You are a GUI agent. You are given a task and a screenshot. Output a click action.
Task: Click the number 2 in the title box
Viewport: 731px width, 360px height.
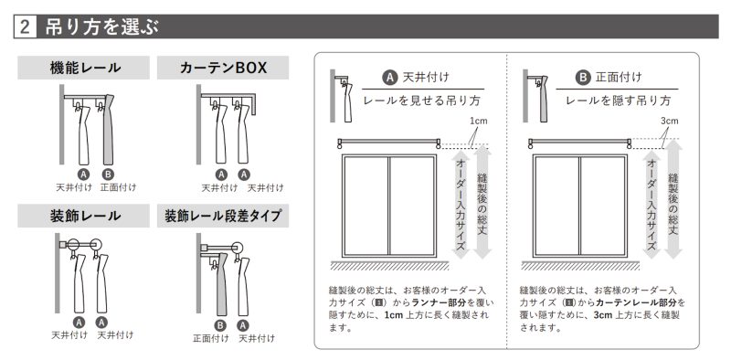26,26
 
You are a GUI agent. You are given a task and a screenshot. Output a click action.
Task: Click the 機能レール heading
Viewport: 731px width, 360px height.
85,69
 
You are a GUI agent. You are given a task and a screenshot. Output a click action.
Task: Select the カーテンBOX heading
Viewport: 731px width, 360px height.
223,69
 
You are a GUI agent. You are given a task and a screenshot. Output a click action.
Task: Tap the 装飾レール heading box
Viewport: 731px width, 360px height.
84,216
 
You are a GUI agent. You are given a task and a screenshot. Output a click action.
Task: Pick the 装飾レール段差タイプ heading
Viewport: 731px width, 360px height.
223,216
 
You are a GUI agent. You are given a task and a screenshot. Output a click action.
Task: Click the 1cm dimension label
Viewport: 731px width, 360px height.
478,121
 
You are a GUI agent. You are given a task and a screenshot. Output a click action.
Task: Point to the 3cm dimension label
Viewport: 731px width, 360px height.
670,121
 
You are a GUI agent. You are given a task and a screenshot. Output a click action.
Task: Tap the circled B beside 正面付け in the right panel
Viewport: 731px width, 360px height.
582,78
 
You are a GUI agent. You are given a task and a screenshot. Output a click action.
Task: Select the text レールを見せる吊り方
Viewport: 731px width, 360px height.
421,101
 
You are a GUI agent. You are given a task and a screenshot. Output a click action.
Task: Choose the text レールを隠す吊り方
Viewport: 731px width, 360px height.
619,101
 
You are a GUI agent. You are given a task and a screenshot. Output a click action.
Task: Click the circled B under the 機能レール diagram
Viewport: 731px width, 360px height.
108,175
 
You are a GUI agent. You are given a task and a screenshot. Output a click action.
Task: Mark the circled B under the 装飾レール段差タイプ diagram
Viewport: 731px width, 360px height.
220,324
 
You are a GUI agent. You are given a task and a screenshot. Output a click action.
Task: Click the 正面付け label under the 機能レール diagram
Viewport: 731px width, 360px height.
119,187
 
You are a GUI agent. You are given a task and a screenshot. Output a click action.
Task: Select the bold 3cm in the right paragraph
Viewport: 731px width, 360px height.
603,314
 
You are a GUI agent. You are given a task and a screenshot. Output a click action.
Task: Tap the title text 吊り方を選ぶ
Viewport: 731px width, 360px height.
102,27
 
